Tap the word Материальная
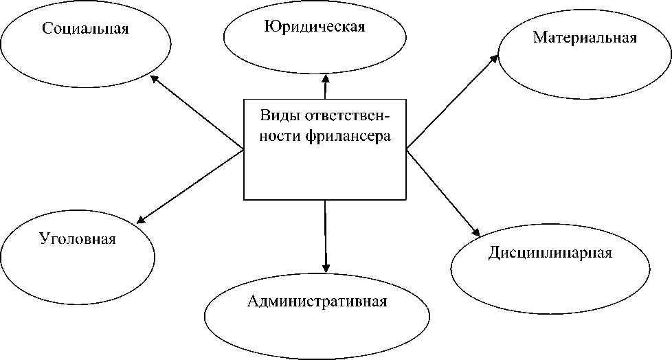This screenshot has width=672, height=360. point(585,38)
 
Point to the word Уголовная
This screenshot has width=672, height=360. point(77,240)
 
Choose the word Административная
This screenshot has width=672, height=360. point(317,302)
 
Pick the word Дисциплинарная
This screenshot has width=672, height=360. point(550,252)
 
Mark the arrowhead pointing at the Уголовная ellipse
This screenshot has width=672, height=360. point(140,220)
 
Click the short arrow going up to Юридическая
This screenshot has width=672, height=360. point(326,89)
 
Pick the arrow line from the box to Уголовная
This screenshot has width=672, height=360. point(192,185)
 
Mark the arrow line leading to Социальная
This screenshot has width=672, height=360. point(199,113)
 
